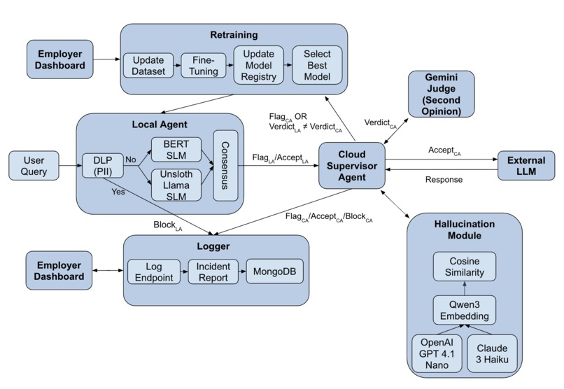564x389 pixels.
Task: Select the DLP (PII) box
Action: pos(97,165)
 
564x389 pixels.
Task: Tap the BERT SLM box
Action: pos(176,149)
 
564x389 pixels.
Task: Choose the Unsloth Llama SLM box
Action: pos(176,185)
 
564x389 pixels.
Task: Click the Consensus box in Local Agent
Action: pos(225,165)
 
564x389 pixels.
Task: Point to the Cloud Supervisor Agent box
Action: pos(351,165)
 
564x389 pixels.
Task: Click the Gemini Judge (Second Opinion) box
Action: pos(441,94)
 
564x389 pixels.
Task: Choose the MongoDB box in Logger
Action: pos(274,271)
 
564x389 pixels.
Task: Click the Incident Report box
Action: pos(213,271)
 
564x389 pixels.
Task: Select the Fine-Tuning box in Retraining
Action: pos(201,66)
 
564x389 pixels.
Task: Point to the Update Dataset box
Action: pos(148,66)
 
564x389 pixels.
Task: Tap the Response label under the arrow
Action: pos(445,179)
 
